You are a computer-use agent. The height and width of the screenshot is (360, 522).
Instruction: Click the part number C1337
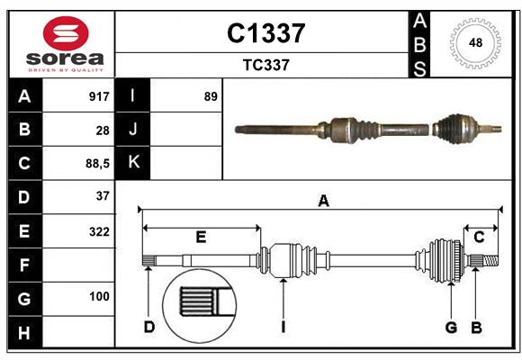coord(265,33)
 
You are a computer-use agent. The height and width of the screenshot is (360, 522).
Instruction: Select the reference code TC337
coord(265,65)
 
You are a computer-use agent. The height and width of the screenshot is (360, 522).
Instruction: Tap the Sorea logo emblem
coord(66,33)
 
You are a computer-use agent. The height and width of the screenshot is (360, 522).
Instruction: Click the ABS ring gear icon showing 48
coord(474,42)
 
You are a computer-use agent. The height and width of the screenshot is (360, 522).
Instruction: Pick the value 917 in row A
coord(98,96)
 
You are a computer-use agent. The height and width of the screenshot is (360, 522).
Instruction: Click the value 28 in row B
coord(103,130)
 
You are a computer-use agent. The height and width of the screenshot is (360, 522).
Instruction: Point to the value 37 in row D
coord(103,195)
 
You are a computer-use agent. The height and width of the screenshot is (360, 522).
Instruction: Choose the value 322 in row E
coord(99,231)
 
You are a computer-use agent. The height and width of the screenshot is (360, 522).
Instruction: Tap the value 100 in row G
coord(99,296)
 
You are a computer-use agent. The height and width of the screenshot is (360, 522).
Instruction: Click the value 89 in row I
coord(211,96)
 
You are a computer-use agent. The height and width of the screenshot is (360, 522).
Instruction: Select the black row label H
coord(24,334)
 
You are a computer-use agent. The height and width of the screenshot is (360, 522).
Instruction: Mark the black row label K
coord(133,163)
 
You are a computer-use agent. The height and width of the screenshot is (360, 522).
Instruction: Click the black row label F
coord(24,265)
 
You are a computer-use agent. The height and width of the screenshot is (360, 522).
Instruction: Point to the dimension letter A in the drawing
coord(323,202)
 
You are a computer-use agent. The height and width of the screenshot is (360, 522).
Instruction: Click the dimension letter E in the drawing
coord(201,237)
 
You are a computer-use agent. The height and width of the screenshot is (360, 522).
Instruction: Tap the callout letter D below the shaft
coord(148,327)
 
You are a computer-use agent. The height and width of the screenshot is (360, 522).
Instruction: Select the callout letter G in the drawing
coord(451,327)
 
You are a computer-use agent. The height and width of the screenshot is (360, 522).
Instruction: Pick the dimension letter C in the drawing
coord(479,237)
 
